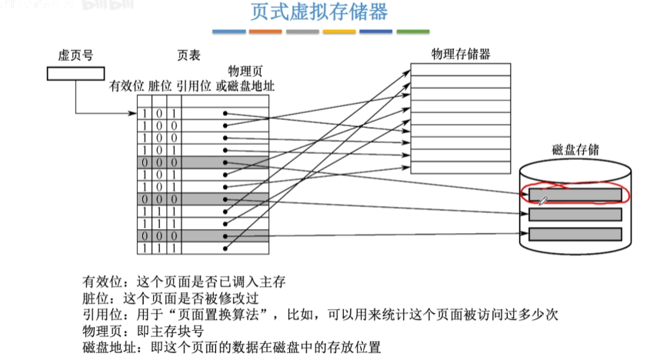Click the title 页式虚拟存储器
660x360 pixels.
[318, 12]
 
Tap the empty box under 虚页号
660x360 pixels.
[75, 74]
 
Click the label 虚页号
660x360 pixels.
[75, 55]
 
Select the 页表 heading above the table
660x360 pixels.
[189, 55]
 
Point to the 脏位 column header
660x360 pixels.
[161, 85]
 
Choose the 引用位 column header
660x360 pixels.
[193, 85]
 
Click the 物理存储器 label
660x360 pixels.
[461, 54]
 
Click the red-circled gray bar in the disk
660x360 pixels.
[575, 195]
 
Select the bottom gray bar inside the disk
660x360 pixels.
[575, 233]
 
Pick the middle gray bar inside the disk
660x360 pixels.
[575, 214]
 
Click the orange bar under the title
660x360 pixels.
[266, 32]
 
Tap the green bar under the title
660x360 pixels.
[413, 32]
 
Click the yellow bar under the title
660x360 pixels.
[339, 32]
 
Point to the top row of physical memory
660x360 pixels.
[460, 69]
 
